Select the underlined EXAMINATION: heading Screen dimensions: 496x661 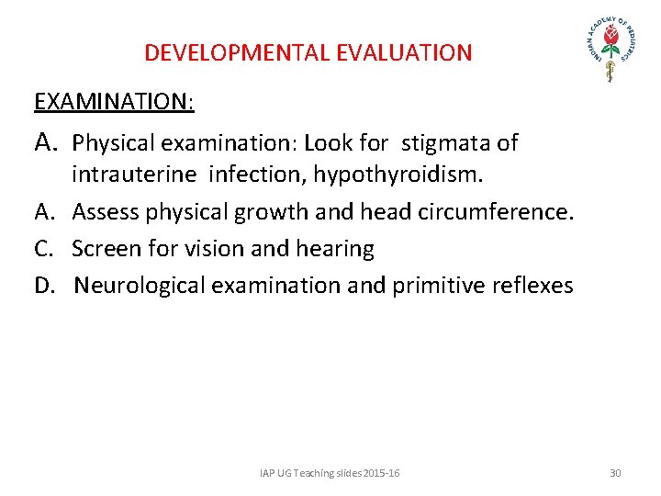tap(114, 101)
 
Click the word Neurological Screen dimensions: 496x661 tap(140, 286)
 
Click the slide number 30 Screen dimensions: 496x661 tap(615, 473)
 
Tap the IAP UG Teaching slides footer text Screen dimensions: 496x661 tap(330, 473)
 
